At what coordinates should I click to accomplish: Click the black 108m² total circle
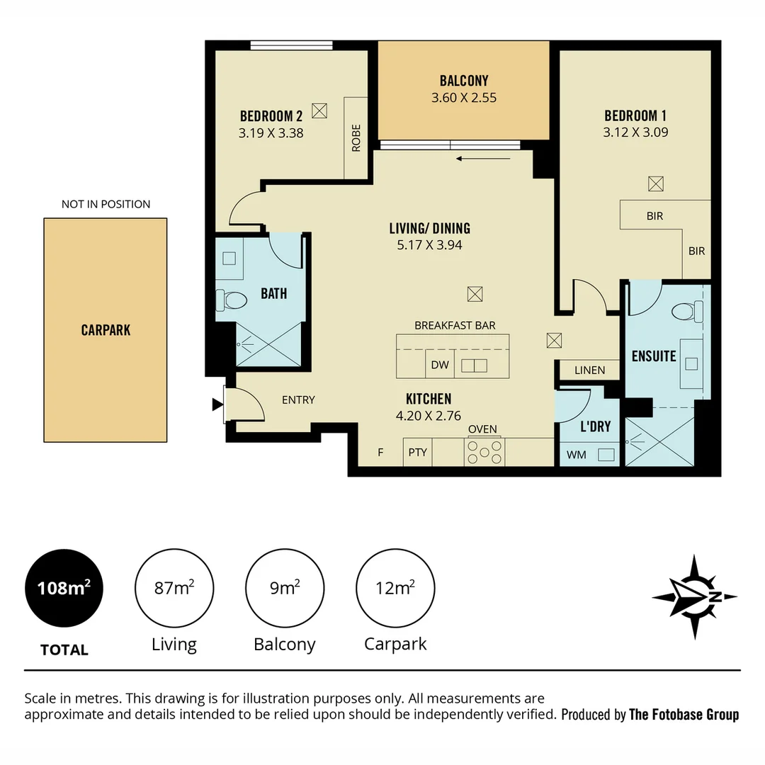pos(64,588)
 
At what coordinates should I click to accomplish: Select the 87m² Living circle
pos(174,588)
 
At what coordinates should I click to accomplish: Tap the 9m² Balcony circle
pos(285,588)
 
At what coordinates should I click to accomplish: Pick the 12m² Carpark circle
pos(395,588)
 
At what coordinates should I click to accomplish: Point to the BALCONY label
pos(464,81)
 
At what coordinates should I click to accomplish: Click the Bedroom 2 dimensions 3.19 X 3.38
pos(271,132)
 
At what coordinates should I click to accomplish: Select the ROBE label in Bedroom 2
pos(356,138)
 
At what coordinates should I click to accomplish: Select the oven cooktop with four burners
pos(484,452)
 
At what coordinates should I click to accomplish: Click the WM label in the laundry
pos(577,455)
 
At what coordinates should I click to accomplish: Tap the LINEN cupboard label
pos(590,370)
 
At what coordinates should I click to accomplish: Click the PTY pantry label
pos(418,452)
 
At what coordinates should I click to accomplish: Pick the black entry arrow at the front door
pos(217,404)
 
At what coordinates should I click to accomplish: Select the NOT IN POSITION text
pos(106,204)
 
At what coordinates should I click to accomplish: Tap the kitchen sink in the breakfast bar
pos(474,365)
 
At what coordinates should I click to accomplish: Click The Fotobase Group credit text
pos(684,714)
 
